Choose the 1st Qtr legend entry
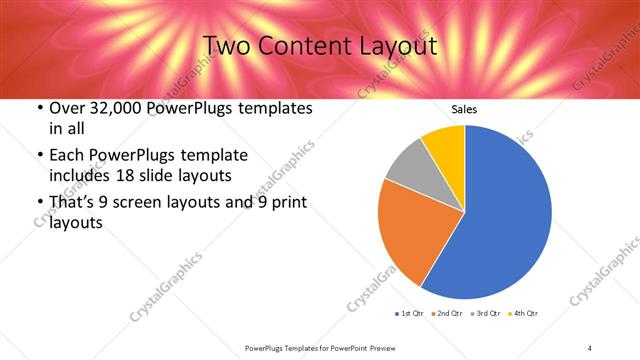point(410,314)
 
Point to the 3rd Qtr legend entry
point(486,314)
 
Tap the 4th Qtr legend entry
point(524,314)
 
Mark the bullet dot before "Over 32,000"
point(39,108)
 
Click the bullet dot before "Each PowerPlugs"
point(39,155)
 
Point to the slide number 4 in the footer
point(590,347)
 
